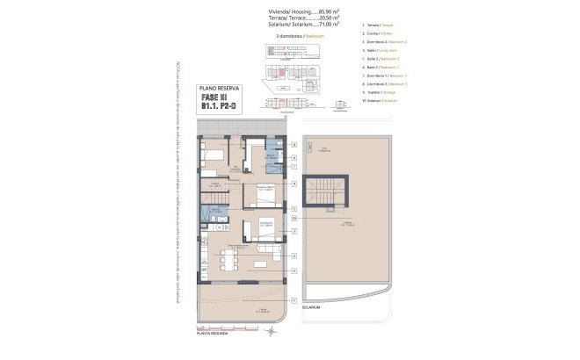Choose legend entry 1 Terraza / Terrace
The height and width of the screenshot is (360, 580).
click(x=380, y=41)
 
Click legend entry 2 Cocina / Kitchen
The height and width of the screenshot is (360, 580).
click(x=379, y=53)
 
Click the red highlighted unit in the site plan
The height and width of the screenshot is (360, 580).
click(x=282, y=74)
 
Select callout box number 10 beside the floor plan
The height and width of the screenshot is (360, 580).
click(x=294, y=219)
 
